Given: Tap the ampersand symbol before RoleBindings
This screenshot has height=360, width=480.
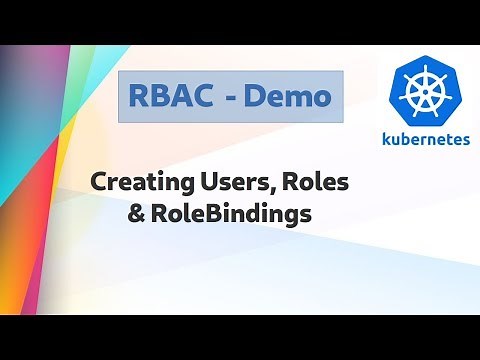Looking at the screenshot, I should tap(137, 213).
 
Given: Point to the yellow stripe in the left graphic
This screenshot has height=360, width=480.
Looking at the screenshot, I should tap(60, 150).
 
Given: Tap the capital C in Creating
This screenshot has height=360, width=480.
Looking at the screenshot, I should tap(99, 184).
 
